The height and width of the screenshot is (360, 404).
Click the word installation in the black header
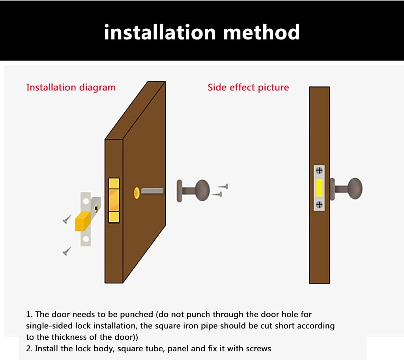(x=160, y=32)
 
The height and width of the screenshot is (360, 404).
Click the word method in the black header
(x=261, y=32)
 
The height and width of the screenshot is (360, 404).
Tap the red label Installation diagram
(x=71, y=88)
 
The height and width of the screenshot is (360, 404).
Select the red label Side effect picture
(x=248, y=88)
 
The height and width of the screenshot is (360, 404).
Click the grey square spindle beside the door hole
(x=152, y=191)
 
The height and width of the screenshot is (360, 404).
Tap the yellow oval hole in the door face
(x=137, y=192)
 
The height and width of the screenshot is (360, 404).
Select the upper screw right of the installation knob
(x=223, y=186)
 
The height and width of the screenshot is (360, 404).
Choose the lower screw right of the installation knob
(x=217, y=194)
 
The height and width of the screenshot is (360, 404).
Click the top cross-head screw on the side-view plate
(x=319, y=171)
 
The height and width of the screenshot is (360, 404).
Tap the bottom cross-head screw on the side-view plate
(x=319, y=204)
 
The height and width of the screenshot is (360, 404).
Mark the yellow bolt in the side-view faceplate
(x=319, y=188)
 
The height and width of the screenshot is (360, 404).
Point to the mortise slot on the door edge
(x=114, y=200)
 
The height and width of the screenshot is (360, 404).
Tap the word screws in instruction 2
(x=258, y=349)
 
